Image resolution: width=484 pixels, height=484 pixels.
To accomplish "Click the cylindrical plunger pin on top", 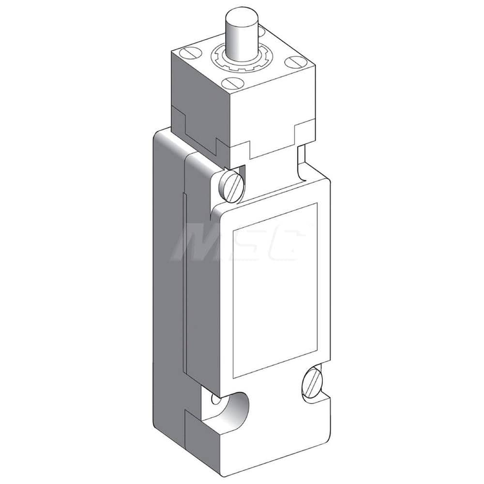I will pyautogui.click(x=238, y=34).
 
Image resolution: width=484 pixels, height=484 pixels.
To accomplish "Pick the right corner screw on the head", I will pyautogui.click(x=293, y=62).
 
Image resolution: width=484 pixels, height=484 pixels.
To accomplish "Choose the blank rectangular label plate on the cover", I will pyautogui.click(x=275, y=290).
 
